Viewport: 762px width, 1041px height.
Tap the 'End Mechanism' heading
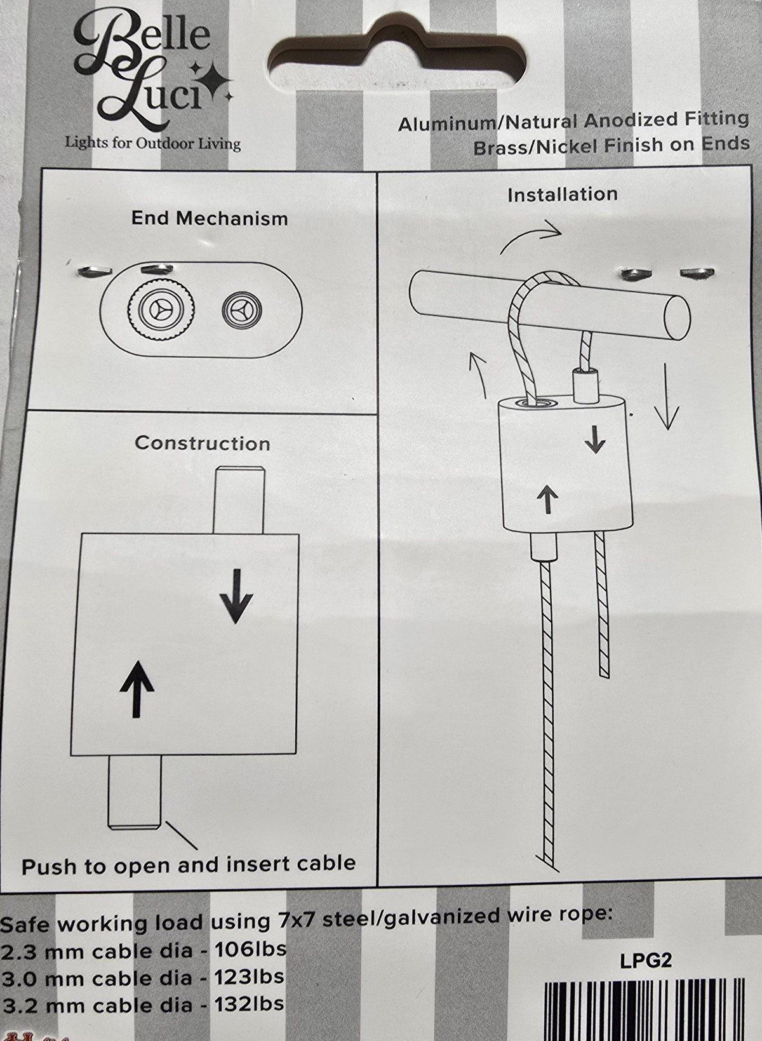tap(210, 218)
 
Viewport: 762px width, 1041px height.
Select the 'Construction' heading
tap(203, 443)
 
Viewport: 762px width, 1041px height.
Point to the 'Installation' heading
tap(562, 195)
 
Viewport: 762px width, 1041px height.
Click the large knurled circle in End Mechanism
tap(160, 309)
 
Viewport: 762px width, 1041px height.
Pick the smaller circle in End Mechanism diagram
tap(241, 309)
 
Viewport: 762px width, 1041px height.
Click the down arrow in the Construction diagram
tap(236, 596)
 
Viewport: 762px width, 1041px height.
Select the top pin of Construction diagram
tap(239, 500)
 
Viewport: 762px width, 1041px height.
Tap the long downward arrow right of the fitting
tap(667, 396)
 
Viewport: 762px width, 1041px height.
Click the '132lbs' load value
tap(248, 1004)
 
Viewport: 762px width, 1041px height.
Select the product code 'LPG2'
tap(646, 960)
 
